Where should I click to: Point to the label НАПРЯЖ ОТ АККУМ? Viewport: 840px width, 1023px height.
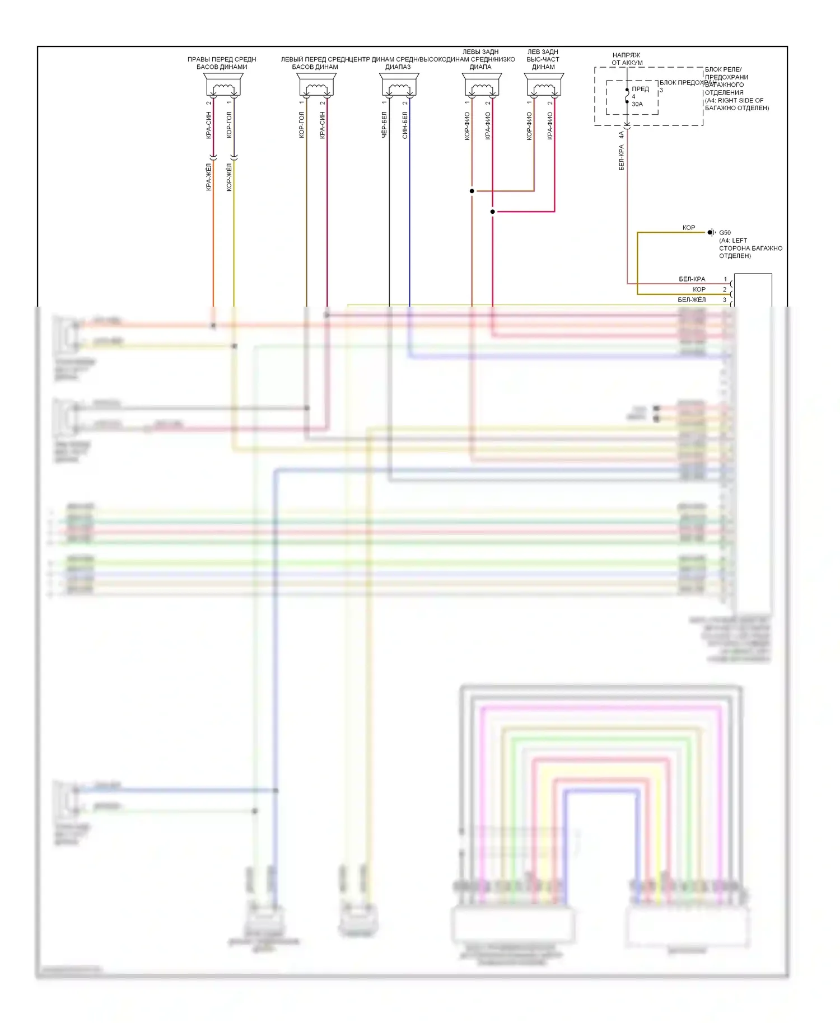click(x=627, y=59)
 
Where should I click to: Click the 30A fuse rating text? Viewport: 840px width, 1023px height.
click(x=637, y=104)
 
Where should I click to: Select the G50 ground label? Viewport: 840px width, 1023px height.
click(x=725, y=233)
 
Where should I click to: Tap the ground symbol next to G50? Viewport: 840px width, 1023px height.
click(x=711, y=232)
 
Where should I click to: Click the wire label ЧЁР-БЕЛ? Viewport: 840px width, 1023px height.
click(x=384, y=125)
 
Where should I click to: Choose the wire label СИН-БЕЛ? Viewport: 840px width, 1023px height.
click(x=405, y=125)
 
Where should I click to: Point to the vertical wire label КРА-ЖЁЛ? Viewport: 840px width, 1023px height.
click(x=208, y=177)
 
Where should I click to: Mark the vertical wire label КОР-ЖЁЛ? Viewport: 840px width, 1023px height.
click(x=228, y=177)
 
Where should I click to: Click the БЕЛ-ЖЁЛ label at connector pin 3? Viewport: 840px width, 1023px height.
click(x=692, y=300)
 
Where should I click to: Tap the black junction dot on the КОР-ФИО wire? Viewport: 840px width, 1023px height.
click(x=472, y=191)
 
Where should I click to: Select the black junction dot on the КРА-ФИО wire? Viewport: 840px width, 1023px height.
click(x=493, y=212)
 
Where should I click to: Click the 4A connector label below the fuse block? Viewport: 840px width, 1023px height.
click(x=621, y=135)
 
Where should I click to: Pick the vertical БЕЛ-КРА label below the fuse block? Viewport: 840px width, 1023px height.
click(x=621, y=157)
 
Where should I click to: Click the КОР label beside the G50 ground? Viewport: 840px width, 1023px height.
click(x=688, y=228)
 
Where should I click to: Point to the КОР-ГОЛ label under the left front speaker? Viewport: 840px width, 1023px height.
click(x=301, y=125)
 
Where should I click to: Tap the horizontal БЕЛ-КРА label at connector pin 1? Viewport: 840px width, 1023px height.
click(x=692, y=279)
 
